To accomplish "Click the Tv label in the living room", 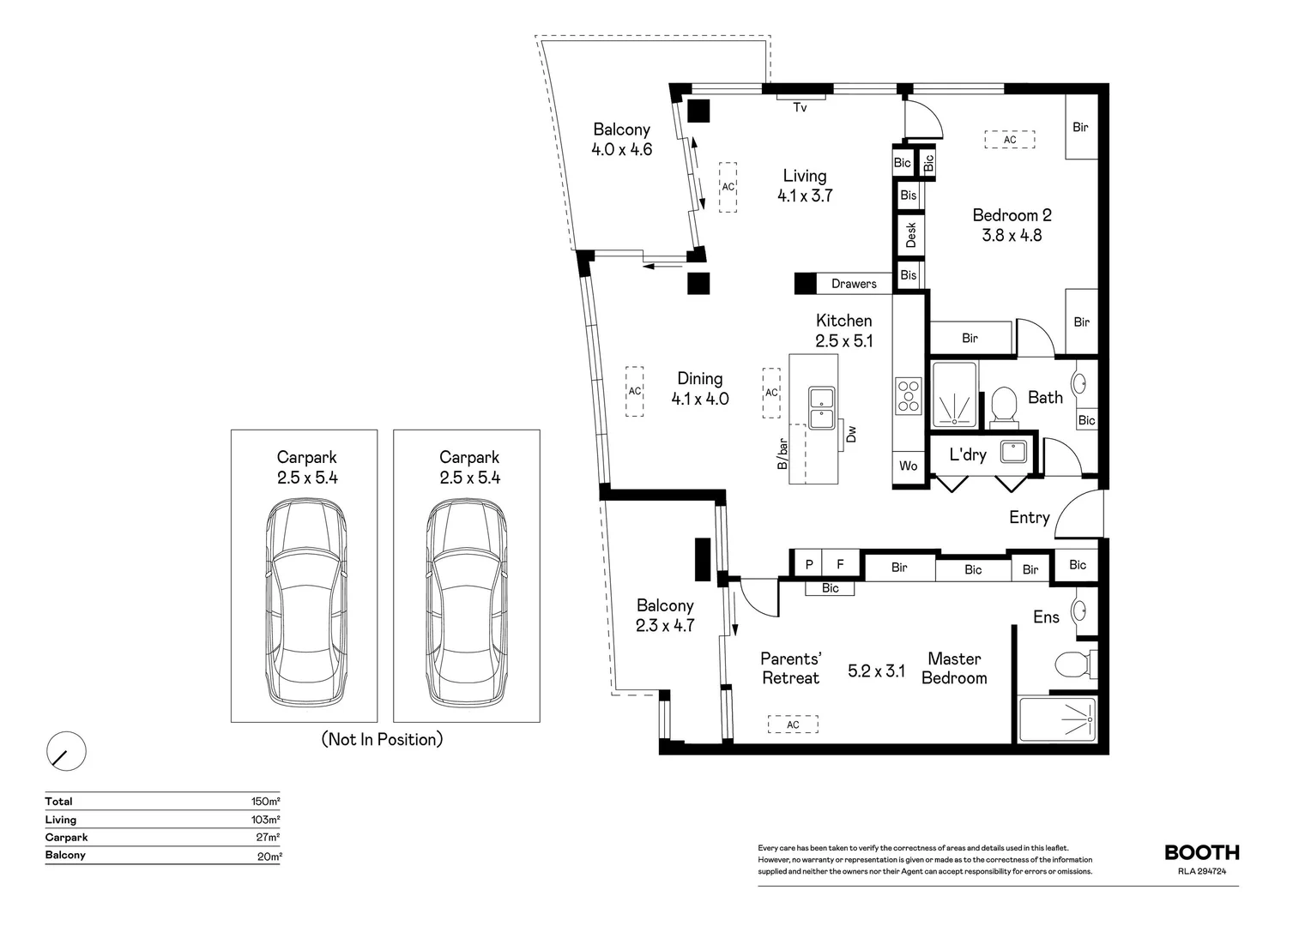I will [x=800, y=108].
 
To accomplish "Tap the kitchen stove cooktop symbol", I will [x=908, y=395].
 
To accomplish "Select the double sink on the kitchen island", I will [x=821, y=408].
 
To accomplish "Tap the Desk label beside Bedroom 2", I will [x=910, y=234].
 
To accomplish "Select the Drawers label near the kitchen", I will [x=854, y=284].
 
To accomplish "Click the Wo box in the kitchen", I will [x=909, y=466].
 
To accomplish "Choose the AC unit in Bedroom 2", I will [x=1010, y=140].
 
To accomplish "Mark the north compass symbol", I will [x=66, y=752].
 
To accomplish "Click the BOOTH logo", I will [x=1201, y=852].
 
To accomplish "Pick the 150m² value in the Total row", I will [x=265, y=802].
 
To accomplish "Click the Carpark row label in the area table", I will [x=67, y=838].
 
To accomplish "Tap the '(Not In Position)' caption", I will [x=383, y=739].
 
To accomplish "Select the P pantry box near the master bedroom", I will [x=808, y=564].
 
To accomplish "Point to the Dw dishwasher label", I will [x=851, y=434].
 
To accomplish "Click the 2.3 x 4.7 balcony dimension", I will [x=665, y=626].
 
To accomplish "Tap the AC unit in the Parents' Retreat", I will [x=793, y=725].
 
